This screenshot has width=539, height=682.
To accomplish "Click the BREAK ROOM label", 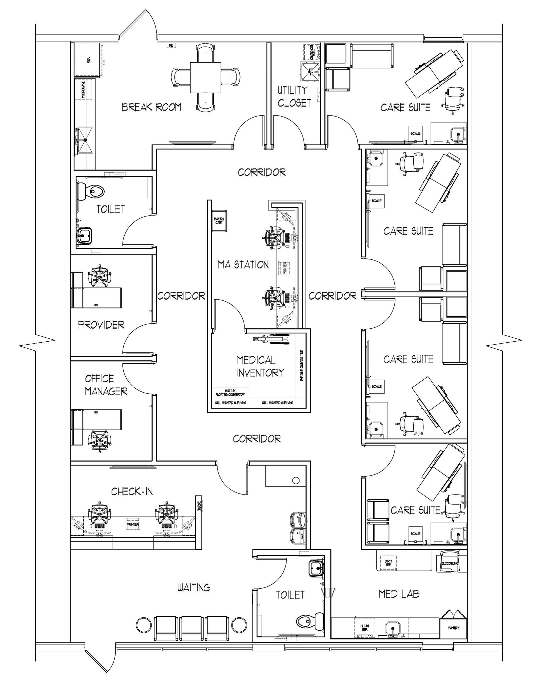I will click(151, 107).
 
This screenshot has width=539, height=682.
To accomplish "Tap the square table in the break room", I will click(205, 78).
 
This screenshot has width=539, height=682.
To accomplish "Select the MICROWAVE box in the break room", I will click(83, 89).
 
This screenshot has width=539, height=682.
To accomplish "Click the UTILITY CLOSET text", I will click(294, 97).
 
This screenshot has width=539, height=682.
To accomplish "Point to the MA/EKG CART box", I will click(219, 221).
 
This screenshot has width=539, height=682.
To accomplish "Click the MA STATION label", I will click(243, 265).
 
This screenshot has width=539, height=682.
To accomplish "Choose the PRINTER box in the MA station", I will click(285, 268).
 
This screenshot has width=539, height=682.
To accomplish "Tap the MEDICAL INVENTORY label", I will click(260, 366).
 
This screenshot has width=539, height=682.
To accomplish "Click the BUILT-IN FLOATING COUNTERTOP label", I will click(230, 393).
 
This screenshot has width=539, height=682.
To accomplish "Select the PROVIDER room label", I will click(101, 325).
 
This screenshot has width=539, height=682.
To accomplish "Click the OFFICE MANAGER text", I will click(105, 385).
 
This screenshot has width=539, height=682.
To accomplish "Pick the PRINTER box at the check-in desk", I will click(133, 524).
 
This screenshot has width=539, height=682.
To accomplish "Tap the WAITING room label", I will click(194, 588).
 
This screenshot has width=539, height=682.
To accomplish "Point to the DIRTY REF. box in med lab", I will click(388, 563).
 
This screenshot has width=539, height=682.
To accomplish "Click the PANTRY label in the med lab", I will click(453, 628).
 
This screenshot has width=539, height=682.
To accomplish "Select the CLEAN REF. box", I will click(364, 628).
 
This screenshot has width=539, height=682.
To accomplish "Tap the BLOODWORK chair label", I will click(449, 563).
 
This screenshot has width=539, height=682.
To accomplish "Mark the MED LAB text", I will click(399, 594).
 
